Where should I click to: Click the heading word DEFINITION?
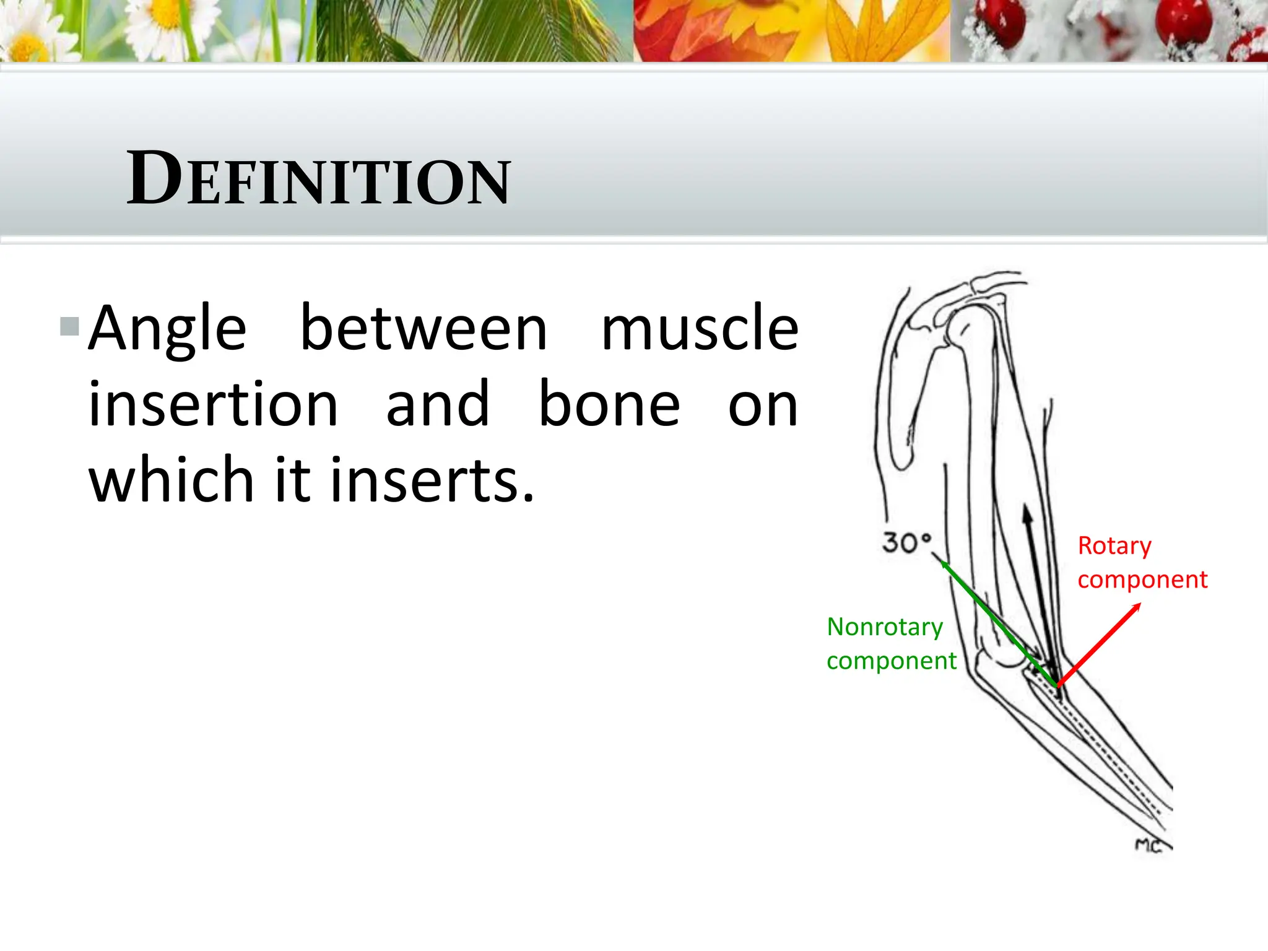(x=318, y=180)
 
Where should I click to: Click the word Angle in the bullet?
(x=167, y=329)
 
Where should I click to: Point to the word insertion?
(x=213, y=405)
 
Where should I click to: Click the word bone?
(x=609, y=405)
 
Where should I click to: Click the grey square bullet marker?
(x=69, y=326)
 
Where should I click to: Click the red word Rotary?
(x=1114, y=546)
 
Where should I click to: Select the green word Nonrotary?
(x=884, y=627)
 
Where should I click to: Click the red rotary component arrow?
(x=1099, y=645)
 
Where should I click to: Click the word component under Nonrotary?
(x=891, y=661)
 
